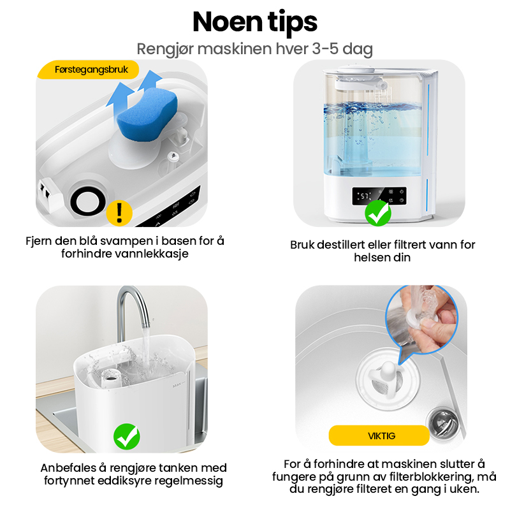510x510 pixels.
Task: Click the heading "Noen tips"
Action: click(x=255, y=22)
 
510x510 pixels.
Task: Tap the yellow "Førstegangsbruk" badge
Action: click(x=89, y=69)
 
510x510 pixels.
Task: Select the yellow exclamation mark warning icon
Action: click(x=119, y=213)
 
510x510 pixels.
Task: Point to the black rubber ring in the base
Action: click(x=88, y=202)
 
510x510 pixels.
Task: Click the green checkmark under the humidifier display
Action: click(x=377, y=213)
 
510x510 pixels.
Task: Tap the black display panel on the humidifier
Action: click(x=379, y=196)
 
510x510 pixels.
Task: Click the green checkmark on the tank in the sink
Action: click(x=127, y=437)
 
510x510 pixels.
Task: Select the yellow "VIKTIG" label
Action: click(x=379, y=435)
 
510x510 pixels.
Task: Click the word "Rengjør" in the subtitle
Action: click(x=164, y=50)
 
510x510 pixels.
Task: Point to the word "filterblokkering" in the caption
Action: click(x=430, y=476)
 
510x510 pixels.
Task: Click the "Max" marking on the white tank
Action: click(x=178, y=386)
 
